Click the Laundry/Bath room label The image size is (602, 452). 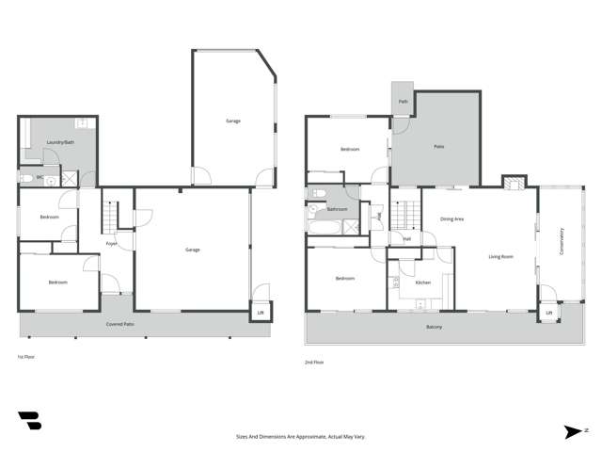coord(59,142)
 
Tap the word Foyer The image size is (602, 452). coord(111,244)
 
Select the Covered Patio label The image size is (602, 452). coord(119,325)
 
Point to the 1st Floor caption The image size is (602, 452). coord(26,357)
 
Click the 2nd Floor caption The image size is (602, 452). coord(313,362)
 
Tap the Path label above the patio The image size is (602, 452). coord(404,101)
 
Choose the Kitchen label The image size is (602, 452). coord(422,282)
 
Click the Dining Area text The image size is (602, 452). coord(451,219)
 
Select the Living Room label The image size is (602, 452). coord(499,256)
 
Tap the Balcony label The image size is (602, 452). coord(434,327)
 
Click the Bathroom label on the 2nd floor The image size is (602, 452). coord(337,209)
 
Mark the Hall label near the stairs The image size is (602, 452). coord(406,238)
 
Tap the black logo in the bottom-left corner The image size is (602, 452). coord(29,421)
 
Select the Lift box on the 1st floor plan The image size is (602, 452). coord(261,313)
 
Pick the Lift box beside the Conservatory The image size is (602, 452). coord(548,313)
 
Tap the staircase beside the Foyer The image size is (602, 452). coord(110,218)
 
